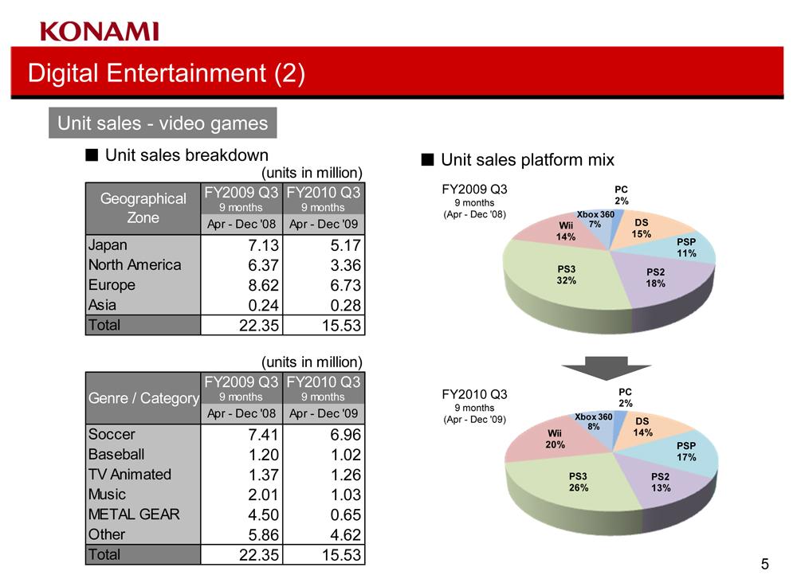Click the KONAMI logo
pyautogui.click(x=100, y=32)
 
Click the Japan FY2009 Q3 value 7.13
pyautogui.click(x=263, y=245)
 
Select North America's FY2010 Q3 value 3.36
pyautogui.click(x=346, y=265)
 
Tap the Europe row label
pyautogui.click(x=112, y=285)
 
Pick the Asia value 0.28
pyautogui.click(x=346, y=305)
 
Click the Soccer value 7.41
pyautogui.click(x=263, y=435)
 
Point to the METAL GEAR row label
pyautogui.click(x=134, y=514)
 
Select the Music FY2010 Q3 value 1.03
pyautogui.click(x=346, y=495)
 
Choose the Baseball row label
pyautogui.click(x=116, y=455)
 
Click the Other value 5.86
pyautogui.click(x=263, y=535)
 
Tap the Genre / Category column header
pyautogui.click(x=143, y=398)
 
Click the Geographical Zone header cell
pyautogui.click(x=143, y=208)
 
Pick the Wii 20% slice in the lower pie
pyautogui.click(x=554, y=440)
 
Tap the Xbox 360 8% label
pyautogui.click(x=594, y=421)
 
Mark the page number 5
pyautogui.click(x=765, y=564)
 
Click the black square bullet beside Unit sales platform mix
pyautogui.click(x=427, y=159)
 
